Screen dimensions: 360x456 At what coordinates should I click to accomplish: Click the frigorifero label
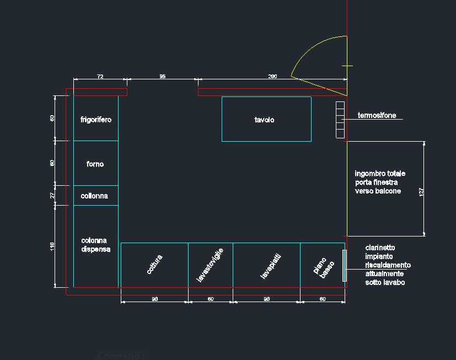[95, 120]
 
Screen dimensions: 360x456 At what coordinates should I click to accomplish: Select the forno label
[95, 164]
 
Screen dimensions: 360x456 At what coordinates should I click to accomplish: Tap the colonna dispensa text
[95, 245]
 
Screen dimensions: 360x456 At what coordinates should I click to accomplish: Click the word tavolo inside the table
[264, 120]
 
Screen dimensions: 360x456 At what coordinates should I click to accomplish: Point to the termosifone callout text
[377, 116]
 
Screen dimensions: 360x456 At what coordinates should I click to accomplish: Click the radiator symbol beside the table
[340, 119]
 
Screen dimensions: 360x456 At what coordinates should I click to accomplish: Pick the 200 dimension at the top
[272, 77]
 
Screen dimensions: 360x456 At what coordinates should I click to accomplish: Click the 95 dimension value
[162, 77]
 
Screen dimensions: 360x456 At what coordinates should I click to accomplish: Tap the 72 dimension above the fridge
[100, 77]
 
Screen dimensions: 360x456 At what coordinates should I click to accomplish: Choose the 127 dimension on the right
[422, 192]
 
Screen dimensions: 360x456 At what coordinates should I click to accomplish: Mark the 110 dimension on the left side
[52, 246]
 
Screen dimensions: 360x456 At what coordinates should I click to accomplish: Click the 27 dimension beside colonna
[52, 195]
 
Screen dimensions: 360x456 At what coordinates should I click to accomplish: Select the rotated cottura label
[155, 264]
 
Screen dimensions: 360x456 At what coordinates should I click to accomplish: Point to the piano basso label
[324, 267]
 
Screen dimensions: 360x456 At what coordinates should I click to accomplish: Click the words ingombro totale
[380, 174]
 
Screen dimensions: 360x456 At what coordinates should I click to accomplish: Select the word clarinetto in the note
[379, 248]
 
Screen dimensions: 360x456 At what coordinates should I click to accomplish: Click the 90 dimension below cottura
[154, 299]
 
